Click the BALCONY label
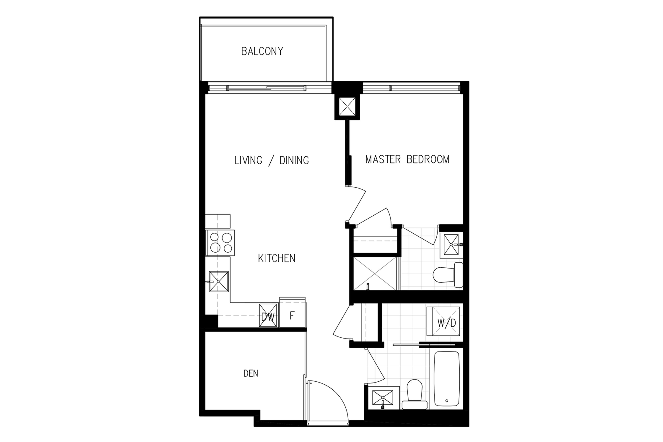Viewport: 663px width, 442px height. pos(262,51)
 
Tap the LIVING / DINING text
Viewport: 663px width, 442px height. pos(272,160)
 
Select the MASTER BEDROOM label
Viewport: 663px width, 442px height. pos(407,160)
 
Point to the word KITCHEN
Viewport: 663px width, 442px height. pos(277,258)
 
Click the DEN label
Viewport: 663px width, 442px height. pos(251,373)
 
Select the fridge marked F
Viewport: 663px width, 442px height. pos(292,312)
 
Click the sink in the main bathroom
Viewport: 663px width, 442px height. pos(383,398)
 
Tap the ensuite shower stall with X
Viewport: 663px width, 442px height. pos(375,273)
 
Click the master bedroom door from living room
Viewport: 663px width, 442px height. pos(357,204)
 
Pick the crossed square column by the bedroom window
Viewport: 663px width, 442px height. pos(347,107)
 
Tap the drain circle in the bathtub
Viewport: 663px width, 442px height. pos(447,401)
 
